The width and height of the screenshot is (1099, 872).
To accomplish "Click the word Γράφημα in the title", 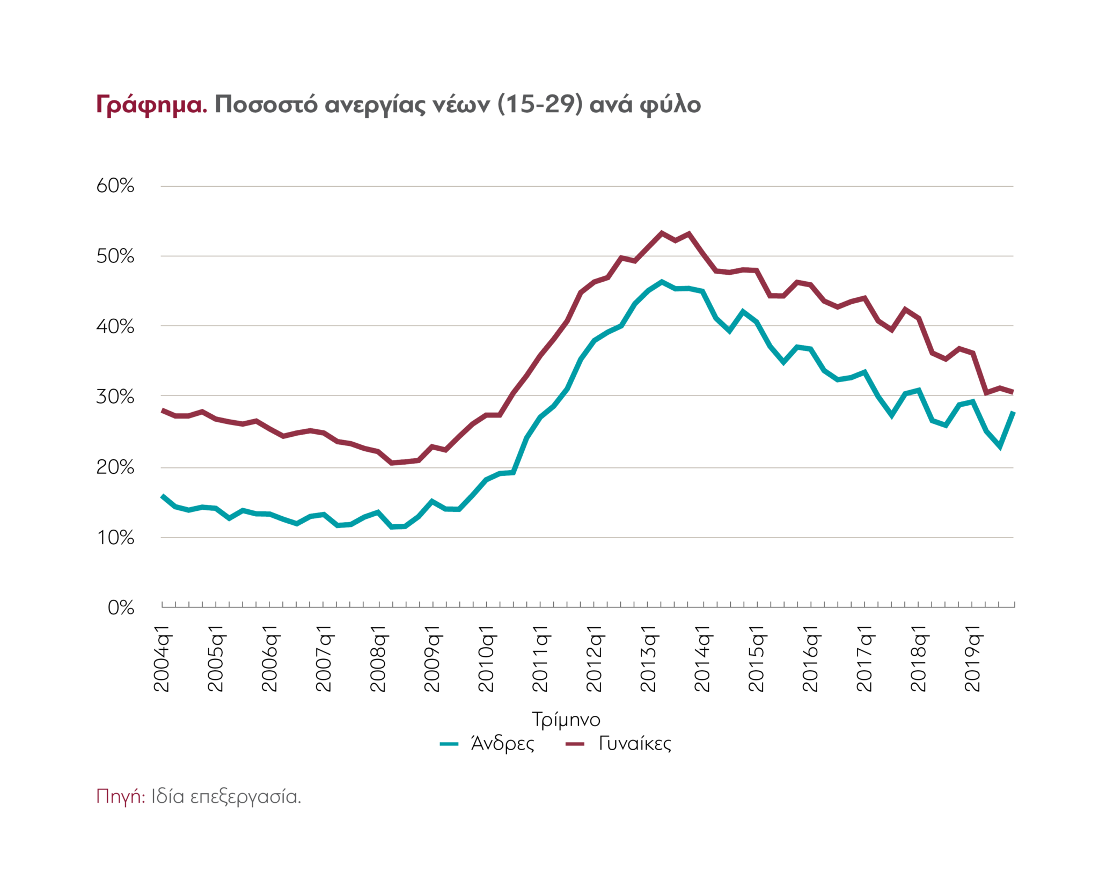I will (151, 105).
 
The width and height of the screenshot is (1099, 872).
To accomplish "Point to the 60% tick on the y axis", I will (115, 186).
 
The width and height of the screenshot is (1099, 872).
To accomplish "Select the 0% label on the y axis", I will (121, 607).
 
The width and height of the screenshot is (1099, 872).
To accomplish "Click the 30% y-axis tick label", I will (115, 397).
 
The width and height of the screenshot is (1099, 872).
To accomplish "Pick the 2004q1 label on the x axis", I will (162, 658).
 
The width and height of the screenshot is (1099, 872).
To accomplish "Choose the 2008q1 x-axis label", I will (378, 658).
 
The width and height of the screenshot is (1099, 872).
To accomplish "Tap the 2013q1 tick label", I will (649, 658).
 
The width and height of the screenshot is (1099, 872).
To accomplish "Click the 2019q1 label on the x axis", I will (973, 658).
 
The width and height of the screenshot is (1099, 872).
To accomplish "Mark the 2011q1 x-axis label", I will (540, 658).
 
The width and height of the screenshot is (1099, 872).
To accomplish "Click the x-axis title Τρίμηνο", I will (566, 719).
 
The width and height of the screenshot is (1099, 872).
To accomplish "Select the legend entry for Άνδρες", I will (502, 744).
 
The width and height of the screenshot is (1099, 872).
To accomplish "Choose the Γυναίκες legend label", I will (635, 744).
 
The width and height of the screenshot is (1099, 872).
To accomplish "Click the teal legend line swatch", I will (449, 744).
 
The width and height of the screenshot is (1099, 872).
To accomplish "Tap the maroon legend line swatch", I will (575, 744).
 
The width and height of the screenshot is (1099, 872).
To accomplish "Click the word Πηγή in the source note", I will (120, 797).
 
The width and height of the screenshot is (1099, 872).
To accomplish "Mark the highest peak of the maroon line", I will (662, 233).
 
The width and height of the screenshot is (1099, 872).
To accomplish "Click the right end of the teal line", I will (1013, 412).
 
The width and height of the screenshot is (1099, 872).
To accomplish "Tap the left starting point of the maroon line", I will (163, 410).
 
